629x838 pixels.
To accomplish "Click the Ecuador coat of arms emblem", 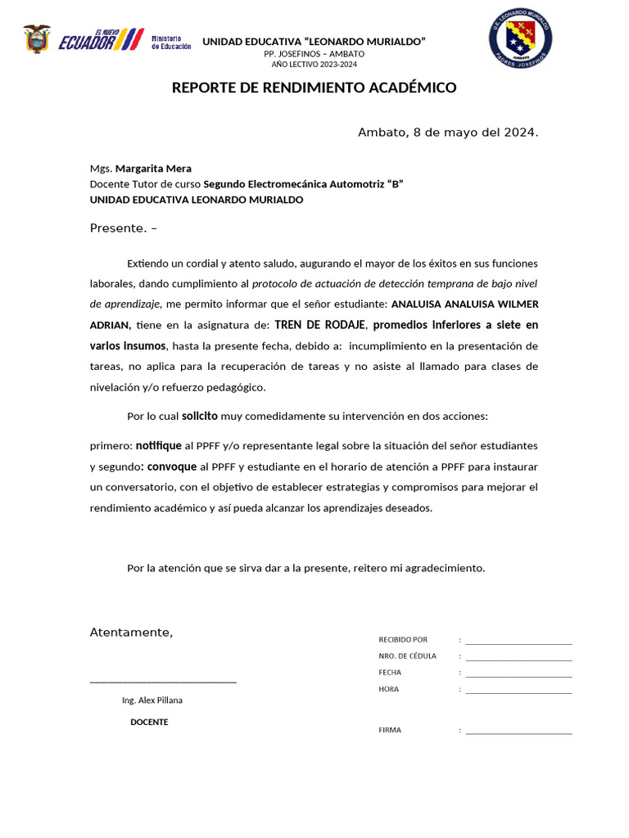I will (x=36, y=39).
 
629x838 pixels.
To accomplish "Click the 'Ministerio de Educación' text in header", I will (x=171, y=43).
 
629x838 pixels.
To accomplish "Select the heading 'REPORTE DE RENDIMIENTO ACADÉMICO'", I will (x=314, y=88).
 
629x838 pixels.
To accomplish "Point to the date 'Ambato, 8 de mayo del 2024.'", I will (x=448, y=133).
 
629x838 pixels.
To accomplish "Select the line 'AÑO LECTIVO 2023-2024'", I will (x=314, y=64).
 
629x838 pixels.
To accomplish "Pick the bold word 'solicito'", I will (x=200, y=416).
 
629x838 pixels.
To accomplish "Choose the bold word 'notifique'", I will (x=159, y=446).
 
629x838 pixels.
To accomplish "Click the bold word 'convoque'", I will (x=172, y=466).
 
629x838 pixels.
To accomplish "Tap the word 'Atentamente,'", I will (x=131, y=633).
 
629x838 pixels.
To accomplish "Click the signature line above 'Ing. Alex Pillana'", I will (x=163, y=681).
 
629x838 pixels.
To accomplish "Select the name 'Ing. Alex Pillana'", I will (x=152, y=701).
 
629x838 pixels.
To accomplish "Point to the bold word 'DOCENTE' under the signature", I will (x=149, y=722).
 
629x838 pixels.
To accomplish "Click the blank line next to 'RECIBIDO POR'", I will (x=518, y=643).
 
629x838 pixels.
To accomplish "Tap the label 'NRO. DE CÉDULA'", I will (x=407, y=656).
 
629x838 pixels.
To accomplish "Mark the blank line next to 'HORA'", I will (x=518, y=692).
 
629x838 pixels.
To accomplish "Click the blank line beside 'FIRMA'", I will (x=518, y=733).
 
